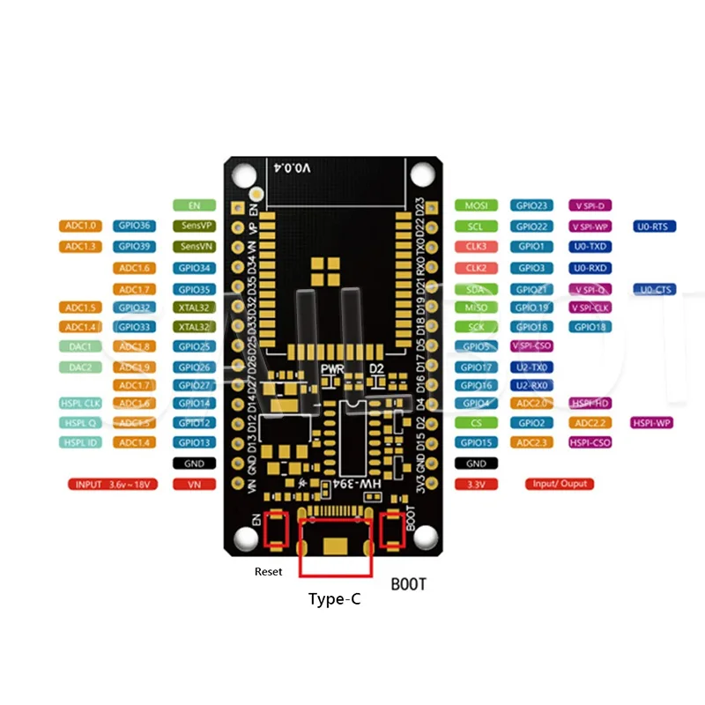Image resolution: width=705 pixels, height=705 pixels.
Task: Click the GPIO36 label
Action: [134, 226]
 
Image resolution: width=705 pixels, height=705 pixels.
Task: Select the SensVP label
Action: [194, 226]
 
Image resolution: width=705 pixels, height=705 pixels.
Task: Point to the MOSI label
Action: [476, 205]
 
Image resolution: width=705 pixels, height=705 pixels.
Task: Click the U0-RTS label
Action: [655, 226]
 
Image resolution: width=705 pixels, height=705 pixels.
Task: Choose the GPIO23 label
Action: [532, 205]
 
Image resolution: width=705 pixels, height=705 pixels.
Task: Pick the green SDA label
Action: [476, 289]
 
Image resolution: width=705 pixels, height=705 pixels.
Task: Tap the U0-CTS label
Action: [655, 289]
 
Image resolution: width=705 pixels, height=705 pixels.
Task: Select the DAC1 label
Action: [81, 346]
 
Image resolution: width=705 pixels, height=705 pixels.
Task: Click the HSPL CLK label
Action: [81, 404]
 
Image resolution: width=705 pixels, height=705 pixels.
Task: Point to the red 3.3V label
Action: [476, 484]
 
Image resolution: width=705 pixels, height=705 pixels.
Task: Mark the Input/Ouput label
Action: [560, 484]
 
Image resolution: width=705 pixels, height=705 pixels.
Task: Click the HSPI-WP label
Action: [652, 423]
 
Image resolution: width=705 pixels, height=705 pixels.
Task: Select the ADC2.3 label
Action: [532, 442]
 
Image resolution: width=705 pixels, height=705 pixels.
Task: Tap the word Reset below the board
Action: [269, 572]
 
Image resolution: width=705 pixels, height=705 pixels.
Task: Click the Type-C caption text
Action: [334, 599]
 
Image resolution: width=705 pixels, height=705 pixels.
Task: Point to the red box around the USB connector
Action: [335, 546]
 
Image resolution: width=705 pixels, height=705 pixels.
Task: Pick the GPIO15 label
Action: [476, 442]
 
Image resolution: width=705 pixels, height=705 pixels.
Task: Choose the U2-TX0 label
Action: [532, 367]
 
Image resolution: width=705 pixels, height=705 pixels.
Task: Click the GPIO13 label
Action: [194, 442]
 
